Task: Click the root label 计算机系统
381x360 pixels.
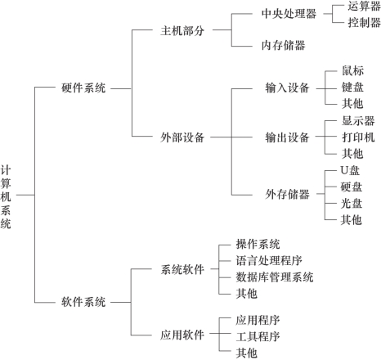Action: (x=6, y=196)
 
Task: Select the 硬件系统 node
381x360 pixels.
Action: (x=83, y=88)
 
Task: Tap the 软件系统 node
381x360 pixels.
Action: (x=83, y=302)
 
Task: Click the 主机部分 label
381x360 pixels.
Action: (x=182, y=30)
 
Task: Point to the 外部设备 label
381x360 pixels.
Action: (x=182, y=137)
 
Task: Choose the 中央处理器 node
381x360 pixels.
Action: (x=289, y=14)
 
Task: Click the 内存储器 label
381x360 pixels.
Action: (x=284, y=45)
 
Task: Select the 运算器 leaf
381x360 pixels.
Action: (x=364, y=6)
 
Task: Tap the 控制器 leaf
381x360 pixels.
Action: (x=364, y=22)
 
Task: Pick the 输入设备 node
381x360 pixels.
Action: (x=287, y=88)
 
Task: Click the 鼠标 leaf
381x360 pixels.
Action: (x=352, y=70)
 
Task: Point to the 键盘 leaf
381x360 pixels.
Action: (x=352, y=88)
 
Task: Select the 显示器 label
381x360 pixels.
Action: (x=358, y=120)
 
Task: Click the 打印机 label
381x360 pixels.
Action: (x=358, y=137)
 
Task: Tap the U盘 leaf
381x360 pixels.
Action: (x=350, y=171)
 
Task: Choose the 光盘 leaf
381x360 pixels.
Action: (x=352, y=204)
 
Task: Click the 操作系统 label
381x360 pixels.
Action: (x=258, y=244)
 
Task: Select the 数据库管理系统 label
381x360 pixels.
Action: (x=275, y=277)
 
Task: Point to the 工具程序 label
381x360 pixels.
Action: (x=258, y=336)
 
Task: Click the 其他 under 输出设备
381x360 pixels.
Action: (x=352, y=154)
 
